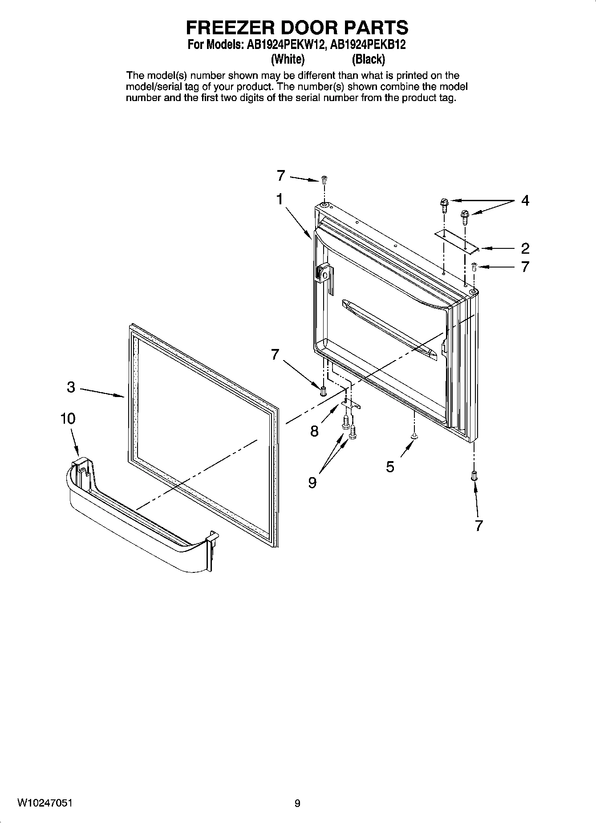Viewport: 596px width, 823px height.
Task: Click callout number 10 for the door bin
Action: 68,419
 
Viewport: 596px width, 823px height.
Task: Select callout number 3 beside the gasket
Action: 71,387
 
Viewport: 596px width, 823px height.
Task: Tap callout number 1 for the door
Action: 280,199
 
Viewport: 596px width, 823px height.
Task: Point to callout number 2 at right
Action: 525,248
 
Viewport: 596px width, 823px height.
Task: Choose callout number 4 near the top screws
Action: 525,201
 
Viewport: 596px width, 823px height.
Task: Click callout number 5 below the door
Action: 390,467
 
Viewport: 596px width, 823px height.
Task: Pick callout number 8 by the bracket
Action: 315,431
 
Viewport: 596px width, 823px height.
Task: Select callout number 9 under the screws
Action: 312,482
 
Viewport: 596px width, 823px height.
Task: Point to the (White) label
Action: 288,59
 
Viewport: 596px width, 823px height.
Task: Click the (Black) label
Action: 368,59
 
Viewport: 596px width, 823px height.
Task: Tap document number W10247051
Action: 45,803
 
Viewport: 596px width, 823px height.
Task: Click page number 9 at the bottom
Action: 297,803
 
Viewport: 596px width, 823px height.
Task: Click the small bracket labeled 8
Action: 351,403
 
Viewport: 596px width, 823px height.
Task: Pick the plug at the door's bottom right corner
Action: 474,475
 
